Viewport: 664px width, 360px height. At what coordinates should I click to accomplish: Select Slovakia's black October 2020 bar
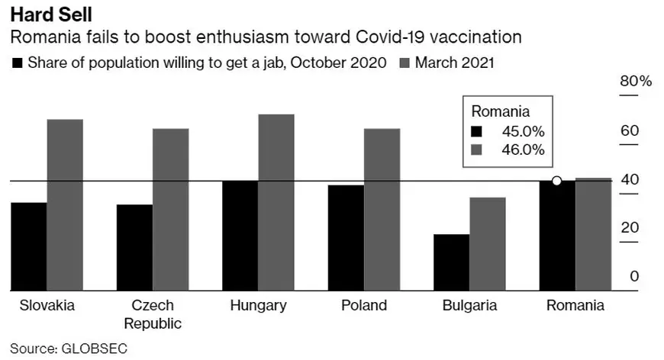[29, 246]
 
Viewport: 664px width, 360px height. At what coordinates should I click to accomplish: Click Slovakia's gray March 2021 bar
[65, 205]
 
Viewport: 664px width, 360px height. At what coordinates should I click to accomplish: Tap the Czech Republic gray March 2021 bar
[170, 210]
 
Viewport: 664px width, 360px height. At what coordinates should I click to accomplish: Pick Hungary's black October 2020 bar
[240, 236]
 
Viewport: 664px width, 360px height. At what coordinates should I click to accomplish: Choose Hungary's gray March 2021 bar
[276, 203]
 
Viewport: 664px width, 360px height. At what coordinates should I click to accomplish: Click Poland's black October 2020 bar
[345, 238]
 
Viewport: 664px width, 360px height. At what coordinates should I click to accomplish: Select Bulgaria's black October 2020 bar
[451, 262]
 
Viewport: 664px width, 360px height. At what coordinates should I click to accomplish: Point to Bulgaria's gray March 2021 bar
[487, 244]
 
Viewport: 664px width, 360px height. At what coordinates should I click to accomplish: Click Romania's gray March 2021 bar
[593, 234]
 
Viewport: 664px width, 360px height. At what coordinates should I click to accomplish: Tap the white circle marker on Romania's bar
[557, 181]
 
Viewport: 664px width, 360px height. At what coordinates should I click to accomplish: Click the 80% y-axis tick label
[636, 82]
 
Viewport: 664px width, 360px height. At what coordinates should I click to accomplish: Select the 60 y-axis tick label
[629, 130]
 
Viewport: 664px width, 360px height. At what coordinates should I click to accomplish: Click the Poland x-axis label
[363, 306]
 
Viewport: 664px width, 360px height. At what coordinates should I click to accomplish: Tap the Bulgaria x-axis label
[469, 306]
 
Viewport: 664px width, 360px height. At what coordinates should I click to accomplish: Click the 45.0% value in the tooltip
[523, 130]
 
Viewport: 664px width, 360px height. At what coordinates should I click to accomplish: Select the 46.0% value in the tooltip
[523, 149]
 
